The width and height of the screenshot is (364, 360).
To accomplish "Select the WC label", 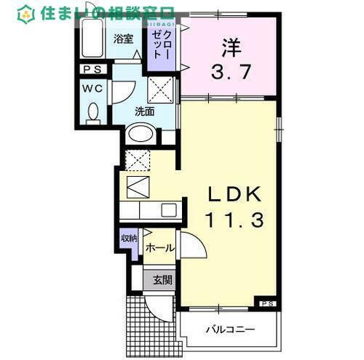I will pyautogui.click(x=92, y=87).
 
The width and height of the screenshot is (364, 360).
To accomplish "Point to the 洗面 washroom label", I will pyautogui.click(x=144, y=111).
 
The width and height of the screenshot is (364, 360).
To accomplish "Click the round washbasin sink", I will pyautogui.click(x=139, y=135).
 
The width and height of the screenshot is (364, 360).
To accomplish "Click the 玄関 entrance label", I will pyautogui.click(x=162, y=279).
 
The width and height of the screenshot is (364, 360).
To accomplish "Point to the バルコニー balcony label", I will pyautogui.click(x=229, y=329).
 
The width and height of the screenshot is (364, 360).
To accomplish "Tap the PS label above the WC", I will pyautogui.click(x=92, y=69).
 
